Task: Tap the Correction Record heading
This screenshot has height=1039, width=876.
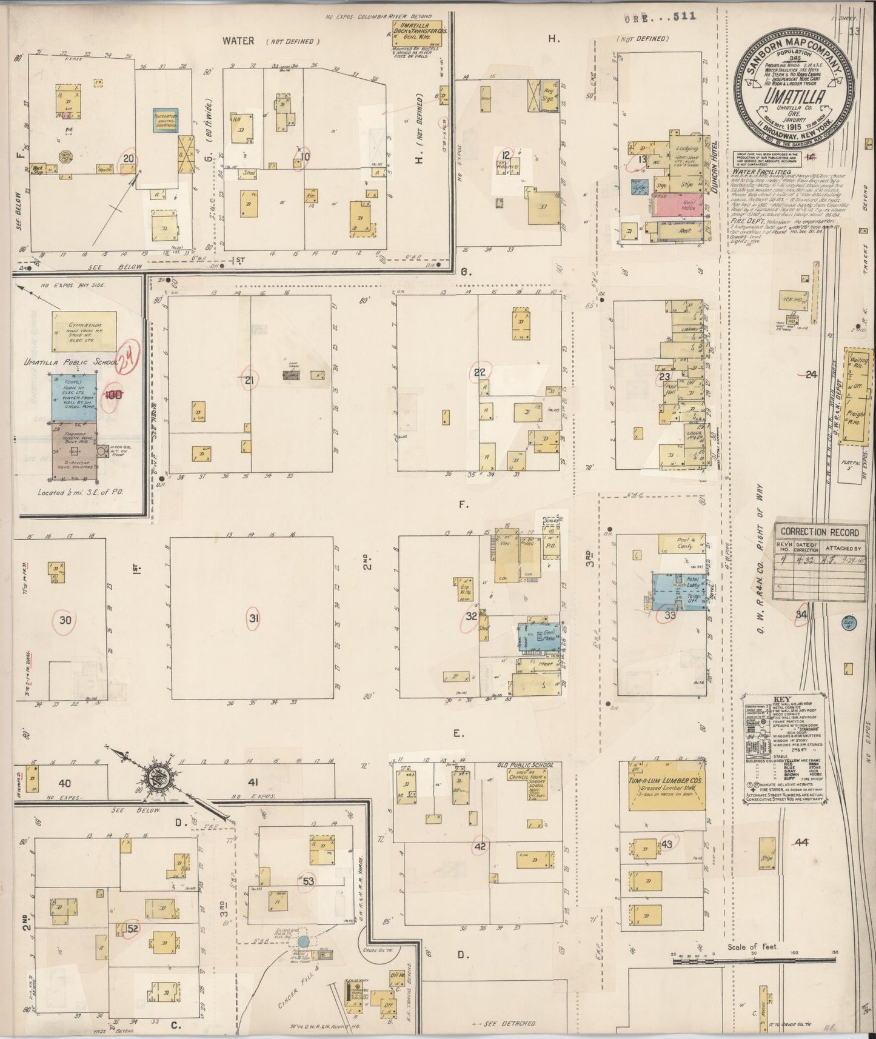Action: click(x=819, y=532)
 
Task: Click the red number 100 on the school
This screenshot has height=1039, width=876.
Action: click(x=113, y=395)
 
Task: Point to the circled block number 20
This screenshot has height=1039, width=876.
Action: click(x=129, y=159)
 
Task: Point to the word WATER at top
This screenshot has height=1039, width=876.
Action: click(x=238, y=41)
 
